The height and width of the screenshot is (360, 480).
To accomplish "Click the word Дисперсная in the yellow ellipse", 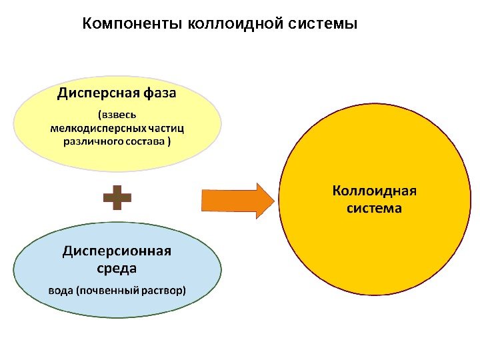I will coord(93,93).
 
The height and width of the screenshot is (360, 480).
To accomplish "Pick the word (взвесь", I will coord(117,114).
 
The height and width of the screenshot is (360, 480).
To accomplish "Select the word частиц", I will coord(167,127).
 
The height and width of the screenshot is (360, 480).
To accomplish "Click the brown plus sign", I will coord(117,198).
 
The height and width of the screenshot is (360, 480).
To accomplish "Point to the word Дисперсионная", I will coord(117,251).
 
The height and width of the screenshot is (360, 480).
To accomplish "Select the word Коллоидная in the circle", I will coord(374,191).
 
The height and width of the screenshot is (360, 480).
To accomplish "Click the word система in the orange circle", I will coord(374,208).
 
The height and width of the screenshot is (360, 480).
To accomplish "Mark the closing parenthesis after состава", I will coord(169,141).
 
